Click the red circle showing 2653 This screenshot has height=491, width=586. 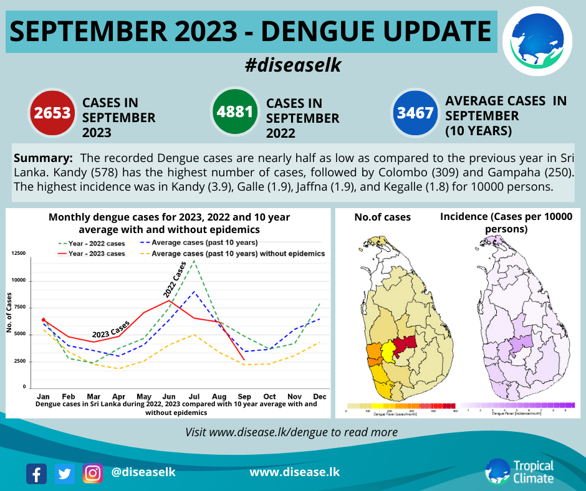[52, 113]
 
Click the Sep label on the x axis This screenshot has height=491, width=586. [245, 396]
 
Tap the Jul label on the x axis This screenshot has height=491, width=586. [195, 396]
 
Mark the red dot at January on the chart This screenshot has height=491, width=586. [44, 320]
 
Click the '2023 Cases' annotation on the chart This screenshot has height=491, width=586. [111, 329]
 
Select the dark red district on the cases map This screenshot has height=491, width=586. [405, 343]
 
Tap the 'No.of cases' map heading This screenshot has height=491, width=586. [382, 217]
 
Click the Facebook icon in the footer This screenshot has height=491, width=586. [37, 474]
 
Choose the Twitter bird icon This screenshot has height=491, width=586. [64, 474]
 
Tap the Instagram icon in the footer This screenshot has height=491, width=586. [93, 474]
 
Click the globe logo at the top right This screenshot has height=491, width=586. [537, 39]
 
